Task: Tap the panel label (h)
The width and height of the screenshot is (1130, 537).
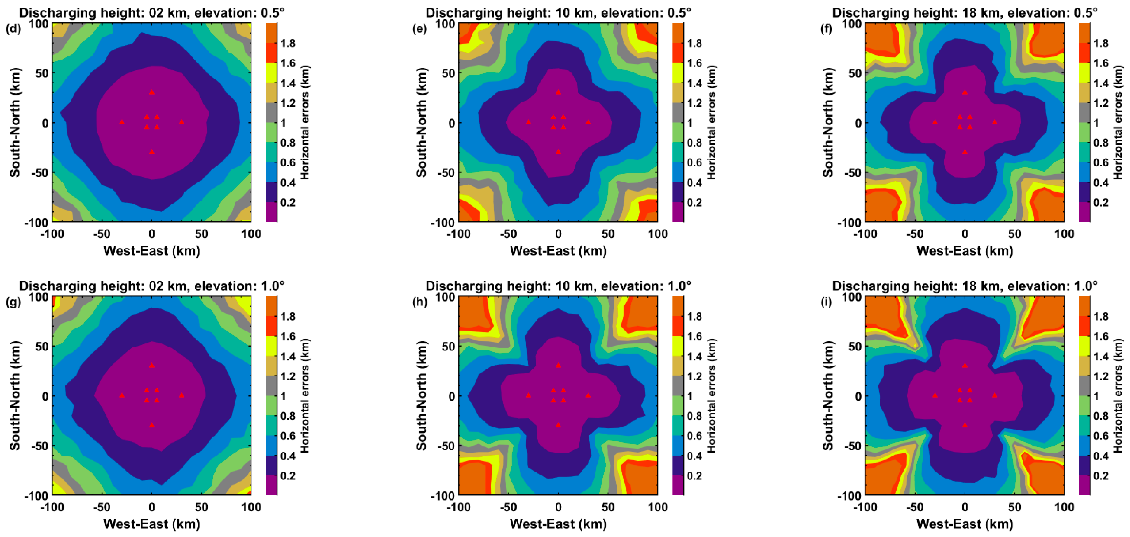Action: click(x=420, y=303)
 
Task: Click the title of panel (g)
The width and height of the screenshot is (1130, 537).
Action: click(x=152, y=286)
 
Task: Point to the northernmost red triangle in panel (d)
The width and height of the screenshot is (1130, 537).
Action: click(x=152, y=92)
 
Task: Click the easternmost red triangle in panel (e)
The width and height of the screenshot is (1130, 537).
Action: click(x=588, y=122)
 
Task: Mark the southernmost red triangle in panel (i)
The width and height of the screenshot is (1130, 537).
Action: click(x=965, y=425)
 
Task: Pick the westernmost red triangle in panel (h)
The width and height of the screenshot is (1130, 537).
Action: click(x=528, y=395)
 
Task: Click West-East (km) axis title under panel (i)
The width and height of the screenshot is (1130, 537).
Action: click(x=965, y=524)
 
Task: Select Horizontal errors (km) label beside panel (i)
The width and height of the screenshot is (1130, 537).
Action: click(x=1118, y=395)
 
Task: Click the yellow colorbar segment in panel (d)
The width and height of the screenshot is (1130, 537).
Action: click(x=272, y=73)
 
